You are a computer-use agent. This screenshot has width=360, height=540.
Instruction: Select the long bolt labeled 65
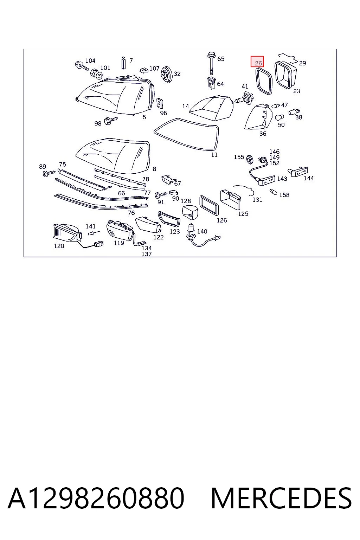(x=211, y=64)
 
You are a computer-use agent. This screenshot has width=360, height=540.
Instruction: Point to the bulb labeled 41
(x=243, y=98)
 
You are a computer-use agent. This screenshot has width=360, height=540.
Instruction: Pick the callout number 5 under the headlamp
(x=144, y=117)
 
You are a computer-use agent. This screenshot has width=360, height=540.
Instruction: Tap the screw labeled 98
(x=110, y=120)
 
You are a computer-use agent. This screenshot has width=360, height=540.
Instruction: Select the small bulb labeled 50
(x=280, y=117)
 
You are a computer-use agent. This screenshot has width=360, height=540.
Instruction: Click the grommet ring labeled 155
(x=249, y=159)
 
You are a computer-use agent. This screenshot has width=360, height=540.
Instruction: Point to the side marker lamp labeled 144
(x=299, y=172)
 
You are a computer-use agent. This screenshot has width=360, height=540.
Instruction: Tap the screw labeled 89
(x=49, y=173)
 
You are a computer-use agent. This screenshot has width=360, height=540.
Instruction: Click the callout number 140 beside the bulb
(x=202, y=231)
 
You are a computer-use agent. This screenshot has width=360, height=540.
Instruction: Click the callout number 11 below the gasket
(x=214, y=155)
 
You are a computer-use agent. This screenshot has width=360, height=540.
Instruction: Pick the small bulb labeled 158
(x=273, y=192)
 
